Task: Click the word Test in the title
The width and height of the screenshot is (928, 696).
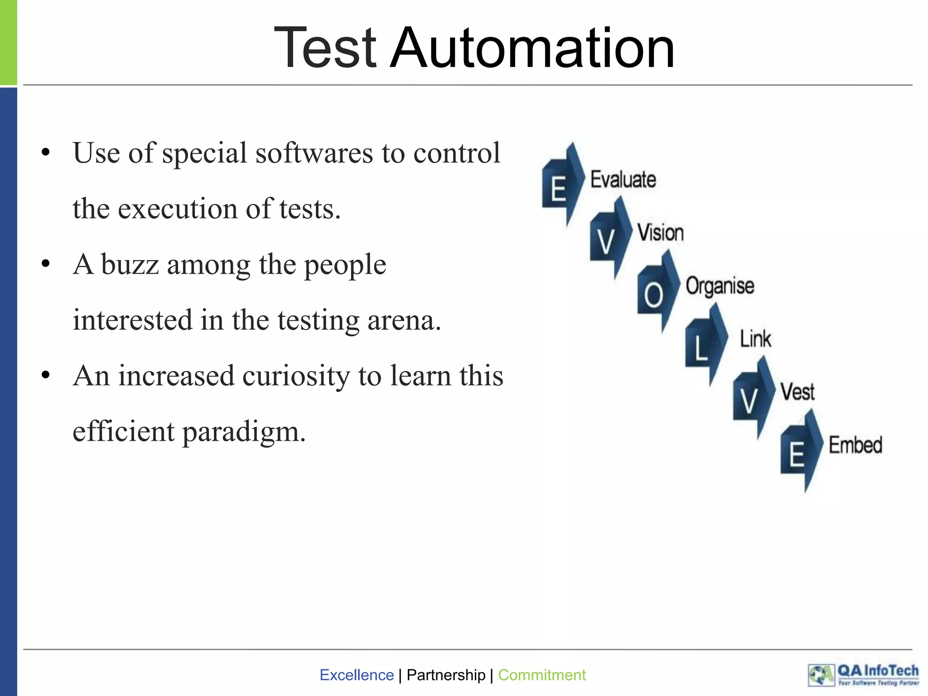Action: point(325,48)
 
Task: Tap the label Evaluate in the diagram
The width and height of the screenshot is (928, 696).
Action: point(623,179)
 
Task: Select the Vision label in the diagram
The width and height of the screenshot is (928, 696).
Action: point(661,232)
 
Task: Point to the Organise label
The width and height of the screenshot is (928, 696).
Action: point(720,286)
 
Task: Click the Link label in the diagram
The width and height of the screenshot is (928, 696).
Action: point(755,338)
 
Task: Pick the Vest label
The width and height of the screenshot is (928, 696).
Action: point(797,392)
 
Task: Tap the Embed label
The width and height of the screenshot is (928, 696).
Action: point(855,445)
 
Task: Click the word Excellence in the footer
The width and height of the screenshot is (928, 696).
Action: point(357,675)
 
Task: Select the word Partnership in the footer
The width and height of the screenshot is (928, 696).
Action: point(446,675)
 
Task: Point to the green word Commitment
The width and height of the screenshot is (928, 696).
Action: point(541,675)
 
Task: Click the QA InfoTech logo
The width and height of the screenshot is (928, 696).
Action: point(863,675)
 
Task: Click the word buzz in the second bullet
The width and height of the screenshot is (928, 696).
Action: point(130,265)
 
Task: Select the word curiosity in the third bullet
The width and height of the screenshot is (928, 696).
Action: point(296,376)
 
